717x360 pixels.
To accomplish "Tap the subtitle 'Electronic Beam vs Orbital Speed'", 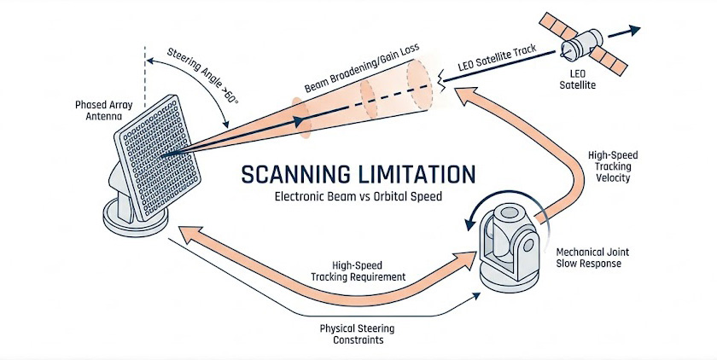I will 358,197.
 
